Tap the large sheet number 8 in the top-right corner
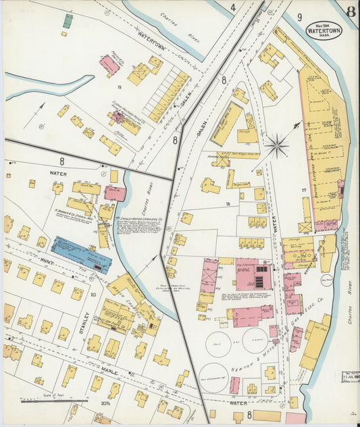pos(352,11)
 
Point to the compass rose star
pos(276,145)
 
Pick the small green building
pos(68,21)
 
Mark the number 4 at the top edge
pos(232,8)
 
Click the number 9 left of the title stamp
pos(299,17)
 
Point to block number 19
pos(118,87)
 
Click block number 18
pos(228,203)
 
